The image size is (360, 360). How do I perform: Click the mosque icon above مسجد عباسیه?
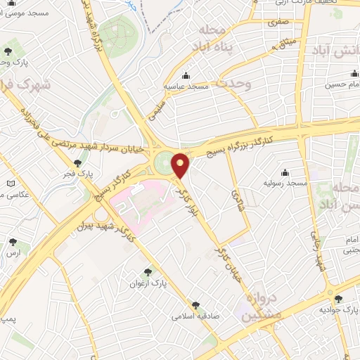[x=185, y=76]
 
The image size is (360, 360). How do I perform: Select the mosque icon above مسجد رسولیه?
[x=285, y=172]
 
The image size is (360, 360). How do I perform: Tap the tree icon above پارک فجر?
[x=77, y=163]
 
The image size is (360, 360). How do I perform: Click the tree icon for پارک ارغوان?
[x=147, y=272]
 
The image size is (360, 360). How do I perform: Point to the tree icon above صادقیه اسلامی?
[x=195, y=306]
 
